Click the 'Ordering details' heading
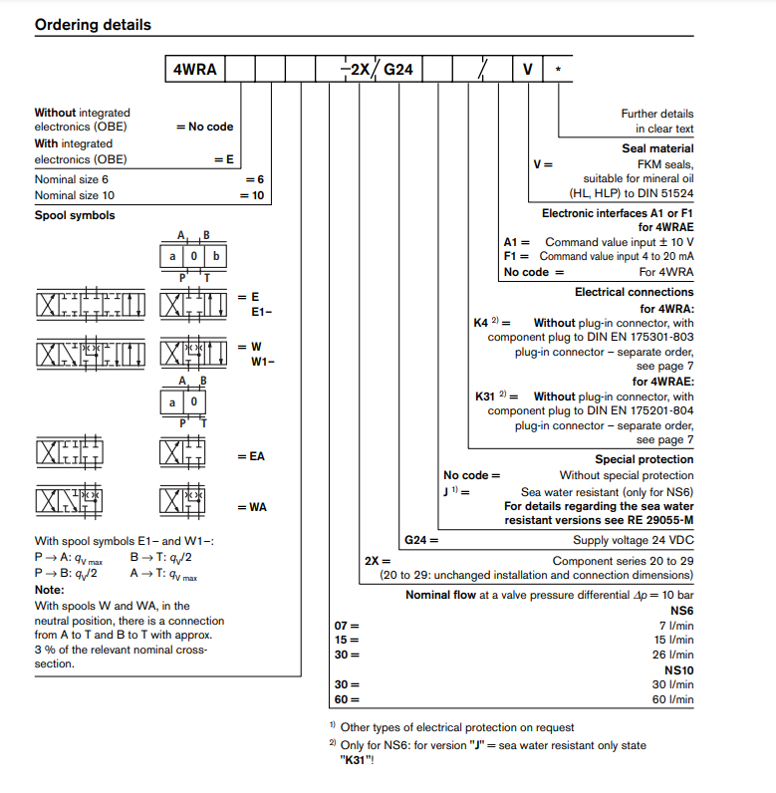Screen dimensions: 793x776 click(x=93, y=24)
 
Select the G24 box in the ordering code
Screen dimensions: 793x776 click(x=397, y=70)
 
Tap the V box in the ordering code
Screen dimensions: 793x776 click(x=528, y=70)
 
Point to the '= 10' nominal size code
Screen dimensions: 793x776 click(x=252, y=195)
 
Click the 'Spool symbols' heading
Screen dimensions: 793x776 click(x=75, y=215)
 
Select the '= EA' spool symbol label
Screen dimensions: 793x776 click(x=251, y=456)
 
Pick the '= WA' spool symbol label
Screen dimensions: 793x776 click(x=251, y=507)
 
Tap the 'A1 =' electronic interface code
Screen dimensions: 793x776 click(x=517, y=242)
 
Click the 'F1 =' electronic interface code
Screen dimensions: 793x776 click(x=517, y=257)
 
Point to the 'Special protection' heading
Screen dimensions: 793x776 click(x=644, y=459)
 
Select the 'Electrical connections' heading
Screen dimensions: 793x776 click(x=634, y=292)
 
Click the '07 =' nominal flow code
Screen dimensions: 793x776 click(x=347, y=625)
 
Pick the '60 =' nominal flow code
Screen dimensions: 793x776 click(x=347, y=699)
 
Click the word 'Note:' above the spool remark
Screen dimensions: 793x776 click(x=50, y=590)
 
